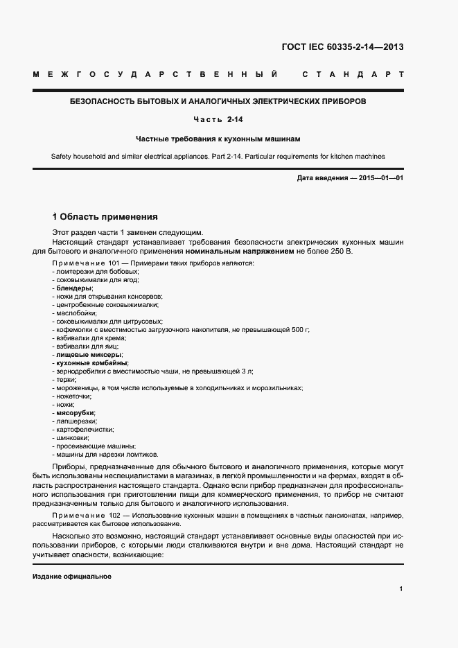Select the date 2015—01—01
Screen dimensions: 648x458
(x=379, y=179)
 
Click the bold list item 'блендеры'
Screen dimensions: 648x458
(x=74, y=288)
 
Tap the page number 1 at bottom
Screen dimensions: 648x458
(x=401, y=588)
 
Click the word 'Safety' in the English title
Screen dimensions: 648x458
(x=62, y=157)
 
